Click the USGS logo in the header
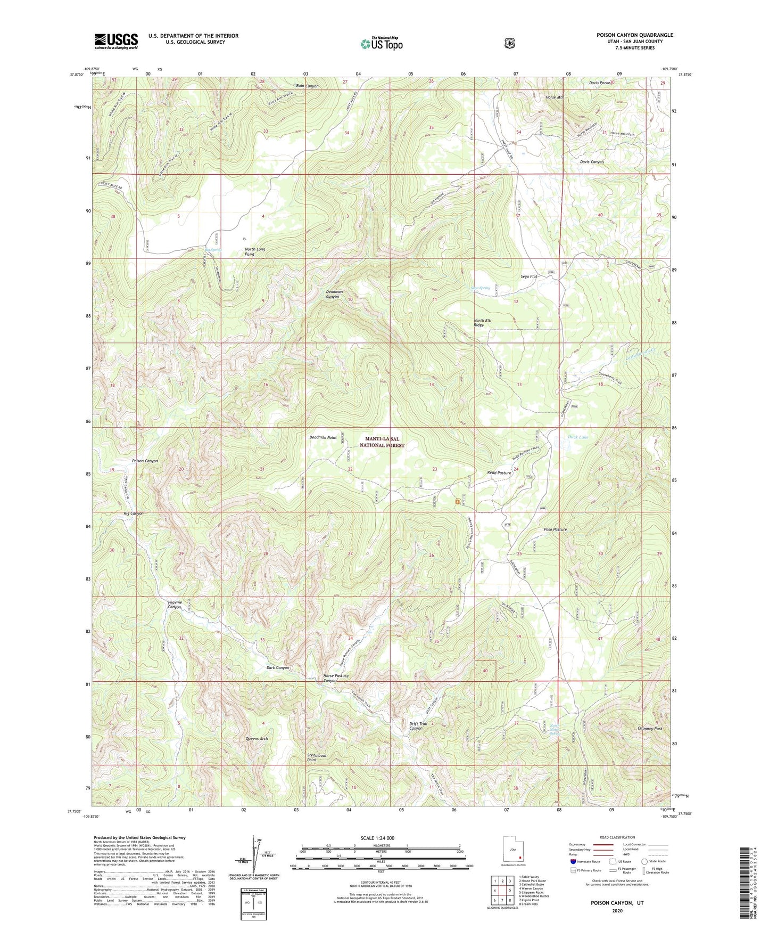coord(116,41)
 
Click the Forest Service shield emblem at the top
coord(510,43)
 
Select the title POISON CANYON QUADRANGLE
coord(634,35)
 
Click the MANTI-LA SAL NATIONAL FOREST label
coord(382,442)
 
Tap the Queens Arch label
coord(256,739)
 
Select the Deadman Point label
coord(323,437)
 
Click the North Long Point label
coord(254,252)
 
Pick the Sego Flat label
coord(530,276)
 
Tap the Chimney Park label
coord(650,728)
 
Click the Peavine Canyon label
coord(175,605)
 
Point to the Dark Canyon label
coord(278,667)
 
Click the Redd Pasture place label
coord(499,472)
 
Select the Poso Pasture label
coord(555,529)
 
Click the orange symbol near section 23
coord(457,501)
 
